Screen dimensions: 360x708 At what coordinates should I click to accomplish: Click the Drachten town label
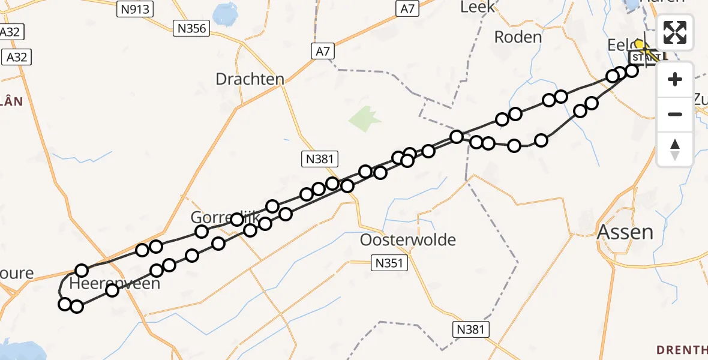(250, 79)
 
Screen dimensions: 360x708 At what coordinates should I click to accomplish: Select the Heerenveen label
(115, 283)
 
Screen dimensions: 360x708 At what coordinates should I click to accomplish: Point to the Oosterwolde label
(408, 240)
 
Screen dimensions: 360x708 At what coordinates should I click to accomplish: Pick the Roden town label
(518, 37)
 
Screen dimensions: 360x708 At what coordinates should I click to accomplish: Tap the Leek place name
(478, 7)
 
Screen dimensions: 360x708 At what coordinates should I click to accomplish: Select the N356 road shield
(191, 28)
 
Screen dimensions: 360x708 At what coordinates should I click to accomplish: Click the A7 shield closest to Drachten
(323, 52)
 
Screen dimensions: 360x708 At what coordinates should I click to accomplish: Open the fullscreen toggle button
(675, 32)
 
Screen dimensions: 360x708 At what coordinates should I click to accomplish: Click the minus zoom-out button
(675, 114)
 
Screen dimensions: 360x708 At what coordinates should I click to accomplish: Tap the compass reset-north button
(675, 149)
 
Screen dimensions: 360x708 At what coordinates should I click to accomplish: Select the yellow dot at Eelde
(640, 44)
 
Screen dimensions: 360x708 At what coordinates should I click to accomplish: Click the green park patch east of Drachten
(365, 119)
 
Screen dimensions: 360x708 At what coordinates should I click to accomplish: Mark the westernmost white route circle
(65, 304)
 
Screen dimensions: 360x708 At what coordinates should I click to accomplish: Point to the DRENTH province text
(682, 349)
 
